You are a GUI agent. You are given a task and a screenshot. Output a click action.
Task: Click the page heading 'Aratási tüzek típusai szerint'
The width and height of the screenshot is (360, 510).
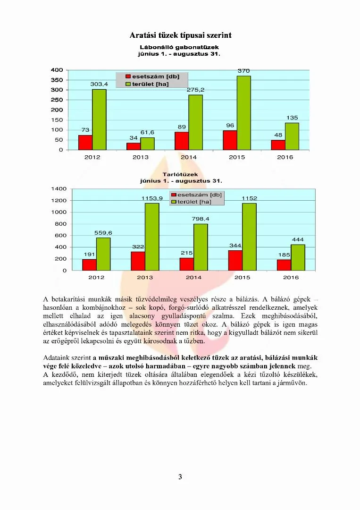coord(180,35)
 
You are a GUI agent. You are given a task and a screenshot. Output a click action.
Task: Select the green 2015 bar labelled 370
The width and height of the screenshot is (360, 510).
coord(244,113)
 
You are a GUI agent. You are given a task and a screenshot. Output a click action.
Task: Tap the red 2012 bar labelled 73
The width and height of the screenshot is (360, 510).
coord(85,143)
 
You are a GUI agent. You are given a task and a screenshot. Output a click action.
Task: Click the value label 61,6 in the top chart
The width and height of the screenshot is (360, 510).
coord(147,132)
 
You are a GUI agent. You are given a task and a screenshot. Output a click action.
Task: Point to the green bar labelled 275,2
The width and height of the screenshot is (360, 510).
coord(195,122)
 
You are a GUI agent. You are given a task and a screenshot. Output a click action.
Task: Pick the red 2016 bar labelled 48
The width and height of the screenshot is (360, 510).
coord(278,145)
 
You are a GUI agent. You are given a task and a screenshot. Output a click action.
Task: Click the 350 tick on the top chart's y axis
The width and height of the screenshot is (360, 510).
coord(57,80)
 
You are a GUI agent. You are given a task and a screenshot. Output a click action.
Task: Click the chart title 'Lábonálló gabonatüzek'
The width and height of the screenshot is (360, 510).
coord(179,48)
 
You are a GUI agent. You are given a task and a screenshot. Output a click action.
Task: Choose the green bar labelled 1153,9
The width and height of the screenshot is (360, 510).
coord(152,237)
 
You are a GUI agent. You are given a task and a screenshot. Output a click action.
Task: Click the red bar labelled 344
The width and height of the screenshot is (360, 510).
coord(235,260)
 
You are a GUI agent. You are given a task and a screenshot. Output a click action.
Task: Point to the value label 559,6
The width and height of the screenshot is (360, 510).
coord(103,233)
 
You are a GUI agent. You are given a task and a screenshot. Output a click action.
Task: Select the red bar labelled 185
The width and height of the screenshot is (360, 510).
coord(284,265)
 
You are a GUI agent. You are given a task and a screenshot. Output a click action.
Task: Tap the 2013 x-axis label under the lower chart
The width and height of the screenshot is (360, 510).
coord(145,277)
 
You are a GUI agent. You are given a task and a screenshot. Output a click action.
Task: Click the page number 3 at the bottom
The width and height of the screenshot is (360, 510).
coord(180,476)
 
